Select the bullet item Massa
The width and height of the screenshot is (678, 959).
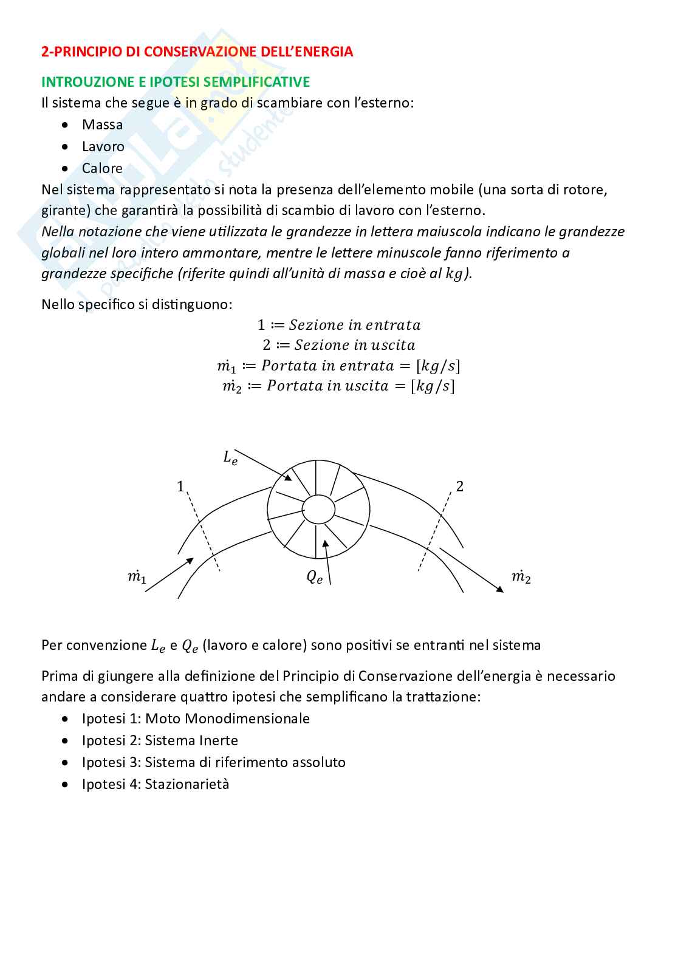coord(102,125)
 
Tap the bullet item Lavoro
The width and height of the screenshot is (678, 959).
coord(103,146)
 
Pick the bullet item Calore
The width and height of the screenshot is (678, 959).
coord(102,168)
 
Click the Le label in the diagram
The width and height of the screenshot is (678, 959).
coord(230,458)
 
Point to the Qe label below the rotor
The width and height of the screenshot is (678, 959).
coord(314,577)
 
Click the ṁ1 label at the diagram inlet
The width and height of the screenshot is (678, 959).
coord(137,576)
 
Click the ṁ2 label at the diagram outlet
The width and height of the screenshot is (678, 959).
coord(521,576)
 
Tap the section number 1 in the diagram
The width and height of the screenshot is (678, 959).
coord(180,486)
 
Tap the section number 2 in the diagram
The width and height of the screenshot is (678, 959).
coord(459,486)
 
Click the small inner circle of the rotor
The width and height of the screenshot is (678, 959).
coord(318,509)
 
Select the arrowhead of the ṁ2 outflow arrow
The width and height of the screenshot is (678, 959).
coord(500,589)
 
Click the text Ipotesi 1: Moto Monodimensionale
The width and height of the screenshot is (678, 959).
coord(196,718)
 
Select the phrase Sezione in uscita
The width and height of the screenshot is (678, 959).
coord(355,345)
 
